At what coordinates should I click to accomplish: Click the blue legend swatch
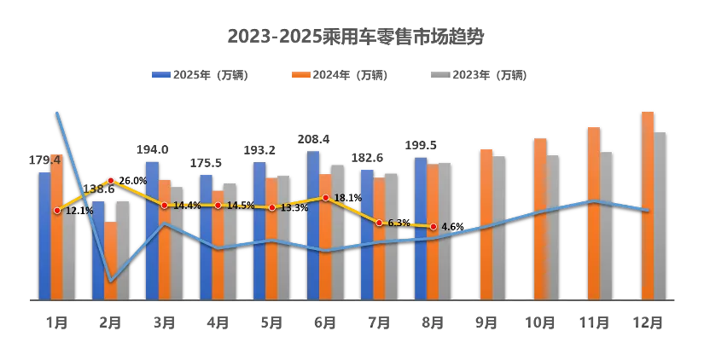click(x=161, y=75)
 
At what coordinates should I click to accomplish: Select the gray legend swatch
click(x=439, y=75)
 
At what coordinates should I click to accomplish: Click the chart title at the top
click(x=354, y=37)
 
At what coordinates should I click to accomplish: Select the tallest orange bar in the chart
click(x=648, y=205)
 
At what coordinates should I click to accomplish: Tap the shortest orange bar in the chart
click(x=110, y=259)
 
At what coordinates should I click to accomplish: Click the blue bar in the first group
click(x=44, y=235)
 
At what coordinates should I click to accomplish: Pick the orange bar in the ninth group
click(x=486, y=224)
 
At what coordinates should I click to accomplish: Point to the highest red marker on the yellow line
click(x=111, y=180)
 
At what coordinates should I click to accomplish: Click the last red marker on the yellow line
click(x=434, y=226)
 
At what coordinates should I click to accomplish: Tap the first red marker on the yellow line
click(x=57, y=210)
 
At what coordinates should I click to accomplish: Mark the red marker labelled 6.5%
click(x=380, y=223)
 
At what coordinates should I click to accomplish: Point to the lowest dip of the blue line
click(x=111, y=281)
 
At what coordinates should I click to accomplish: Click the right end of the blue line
click(x=649, y=210)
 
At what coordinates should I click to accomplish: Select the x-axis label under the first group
click(x=56, y=322)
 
